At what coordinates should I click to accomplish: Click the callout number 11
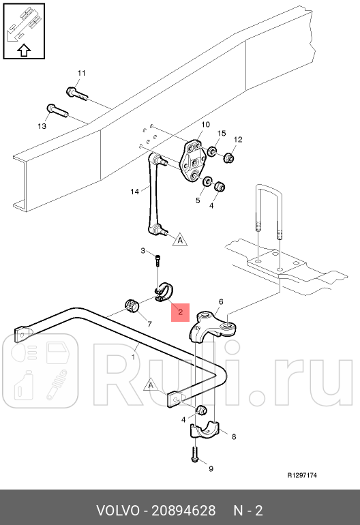pos(81,73)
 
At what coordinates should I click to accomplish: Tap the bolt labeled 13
pos(57,111)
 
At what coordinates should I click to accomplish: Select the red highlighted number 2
pos(180,312)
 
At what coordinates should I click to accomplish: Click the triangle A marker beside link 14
pos(180,239)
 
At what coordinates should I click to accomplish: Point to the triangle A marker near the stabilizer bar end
pos(151,385)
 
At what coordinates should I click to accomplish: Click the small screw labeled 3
pos(158,260)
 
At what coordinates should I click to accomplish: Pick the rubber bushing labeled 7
pos(132,305)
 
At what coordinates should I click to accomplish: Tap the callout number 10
pos(205,125)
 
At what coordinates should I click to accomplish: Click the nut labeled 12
pos(228,157)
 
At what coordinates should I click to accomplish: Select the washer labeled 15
pos(211,151)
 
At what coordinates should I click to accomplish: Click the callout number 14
pos(134,192)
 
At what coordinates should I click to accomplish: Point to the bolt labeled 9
pos(195,454)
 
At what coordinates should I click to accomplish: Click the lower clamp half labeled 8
pos(205,431)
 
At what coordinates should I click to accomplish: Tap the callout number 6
pos(221,301)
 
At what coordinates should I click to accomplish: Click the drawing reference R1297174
pos(302,475)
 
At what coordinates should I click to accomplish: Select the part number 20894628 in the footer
pos(183,511)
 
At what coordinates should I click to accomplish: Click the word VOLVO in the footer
pos(117,511)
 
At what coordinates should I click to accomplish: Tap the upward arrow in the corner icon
pos(24,50)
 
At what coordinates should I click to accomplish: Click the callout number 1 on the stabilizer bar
pos(133,357)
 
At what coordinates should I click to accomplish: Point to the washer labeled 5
pos(207,181)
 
